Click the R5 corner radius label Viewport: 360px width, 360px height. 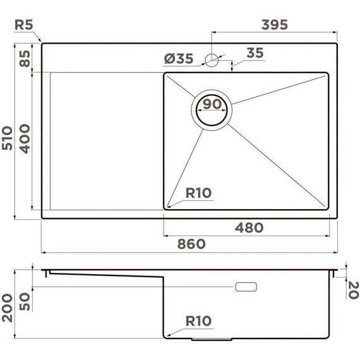[x=24, y=25]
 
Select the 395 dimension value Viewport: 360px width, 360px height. [x=274, y=25]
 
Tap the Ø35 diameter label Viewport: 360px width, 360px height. [x=179, y=59]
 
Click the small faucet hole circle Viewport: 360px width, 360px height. [x=212, y=60]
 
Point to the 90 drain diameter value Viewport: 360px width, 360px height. [x=212, y=105]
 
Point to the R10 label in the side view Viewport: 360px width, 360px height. [x=199, y=321]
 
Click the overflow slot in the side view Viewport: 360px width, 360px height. [x=246, y=287]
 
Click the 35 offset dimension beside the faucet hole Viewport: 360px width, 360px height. [x=254, y=53]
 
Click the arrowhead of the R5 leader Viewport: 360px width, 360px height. [x=41, y=42]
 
